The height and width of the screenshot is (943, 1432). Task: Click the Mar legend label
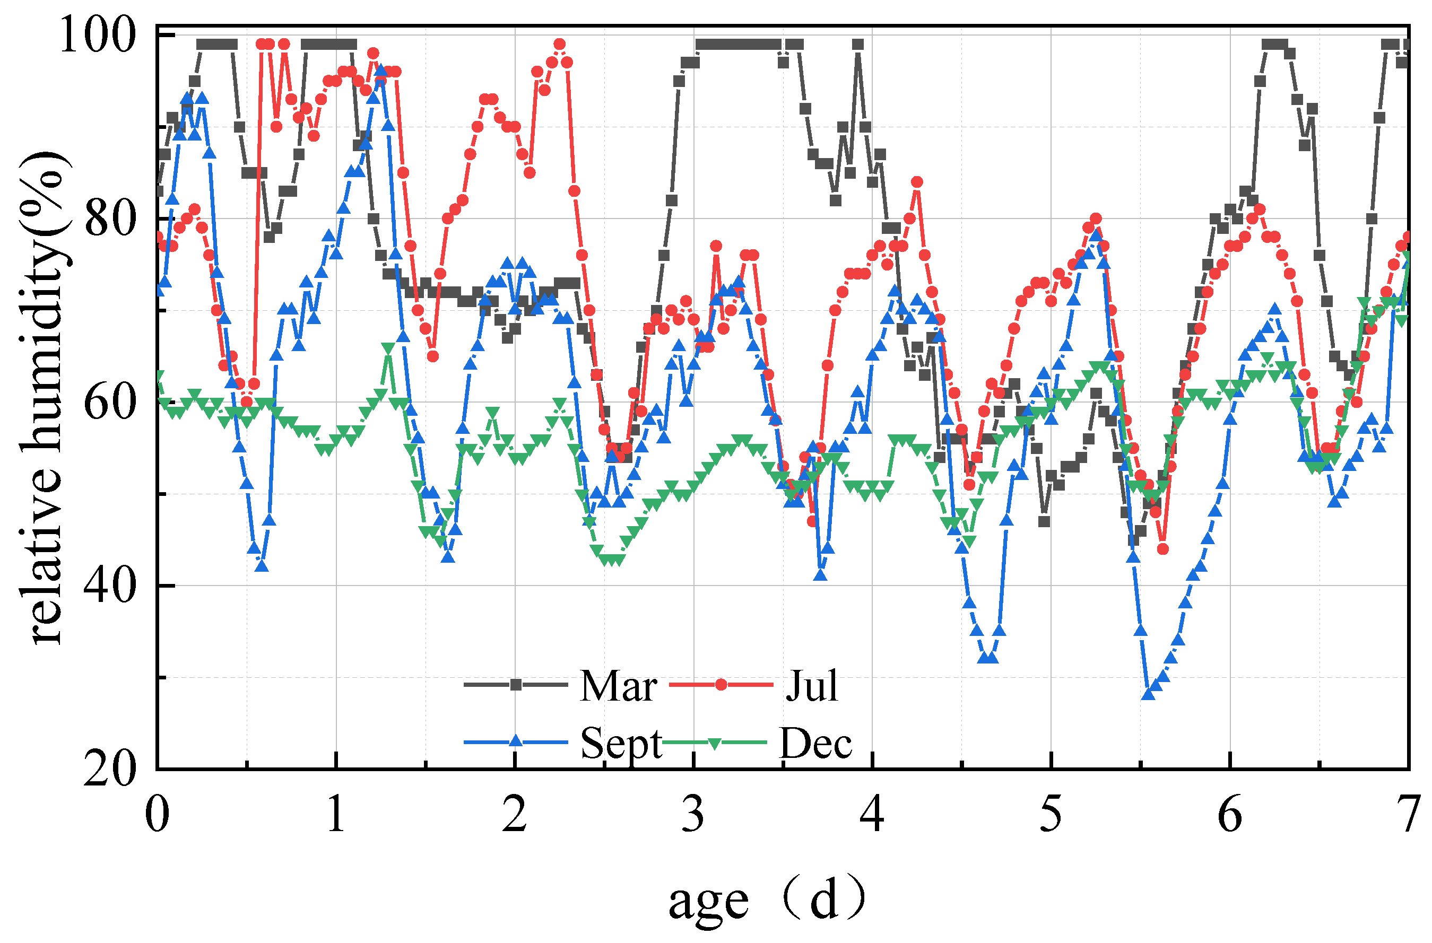point(618,686)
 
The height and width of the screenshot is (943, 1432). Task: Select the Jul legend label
point(812,686)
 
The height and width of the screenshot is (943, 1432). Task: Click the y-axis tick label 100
point(96,36)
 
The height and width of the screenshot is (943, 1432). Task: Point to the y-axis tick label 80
point(109,219)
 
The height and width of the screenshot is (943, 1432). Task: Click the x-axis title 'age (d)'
point(767,901)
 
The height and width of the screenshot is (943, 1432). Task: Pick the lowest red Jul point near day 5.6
point(1162,549)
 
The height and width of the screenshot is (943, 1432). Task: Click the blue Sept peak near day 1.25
point(380,71)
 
